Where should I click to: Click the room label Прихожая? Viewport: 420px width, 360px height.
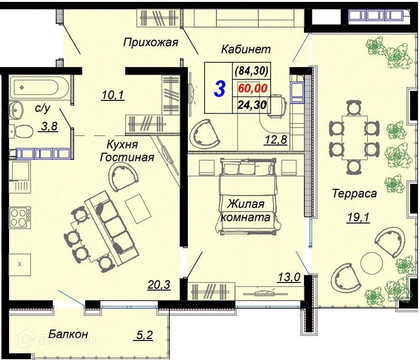(x=150, y=43)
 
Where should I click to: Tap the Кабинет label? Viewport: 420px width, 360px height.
(x=245, y=49)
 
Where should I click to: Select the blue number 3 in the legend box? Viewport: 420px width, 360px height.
(x=219, y=89)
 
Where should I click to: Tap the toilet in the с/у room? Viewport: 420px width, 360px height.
(x=19, y=130)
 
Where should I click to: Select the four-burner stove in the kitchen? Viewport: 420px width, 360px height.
(x=20, y=218)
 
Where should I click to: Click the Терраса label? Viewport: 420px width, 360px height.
(x=354, y=193)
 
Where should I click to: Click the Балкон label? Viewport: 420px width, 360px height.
(x=68, y=334)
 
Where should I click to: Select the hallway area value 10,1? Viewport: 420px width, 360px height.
(x=113, y=96)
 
